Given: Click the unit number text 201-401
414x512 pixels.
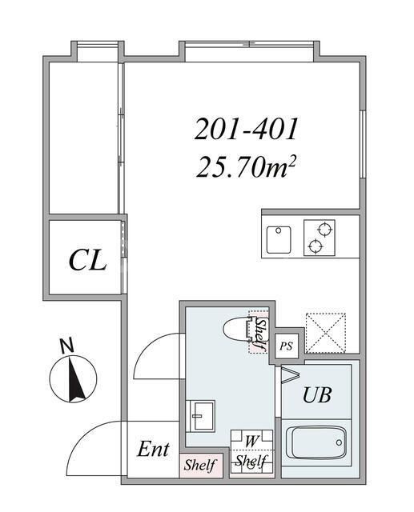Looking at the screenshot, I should pyautogui.click(x=247, y=128).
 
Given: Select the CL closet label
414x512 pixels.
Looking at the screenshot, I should pyautogui.click(x=87, y=259).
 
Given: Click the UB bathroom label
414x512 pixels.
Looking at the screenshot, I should pyautogui.click(x=316, y=394).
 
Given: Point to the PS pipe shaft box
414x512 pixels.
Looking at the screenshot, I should pyautogui.click(x=286, y=346).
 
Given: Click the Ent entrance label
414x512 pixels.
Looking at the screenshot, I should pyautogui.click(x=152, y=449).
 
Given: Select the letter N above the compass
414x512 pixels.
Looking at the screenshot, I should pyautogui.click(x=67, y=346).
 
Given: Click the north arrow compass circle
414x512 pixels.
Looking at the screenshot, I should pyautogui.click(x=73, y=378).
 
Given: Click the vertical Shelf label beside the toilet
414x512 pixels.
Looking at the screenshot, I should pyautogui.click(x=260, y=334).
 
